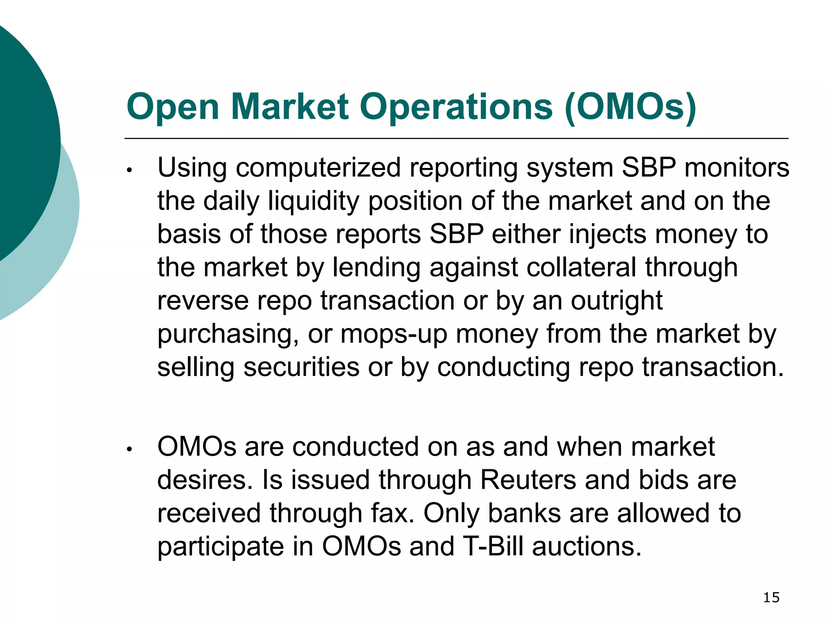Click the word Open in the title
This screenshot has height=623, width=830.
tap(173, 107)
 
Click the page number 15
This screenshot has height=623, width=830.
tap(771, 597)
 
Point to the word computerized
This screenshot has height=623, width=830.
tap(318, 168)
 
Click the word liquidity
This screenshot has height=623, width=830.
tap(313, 201)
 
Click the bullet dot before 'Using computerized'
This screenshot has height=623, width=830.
tap(129, 170)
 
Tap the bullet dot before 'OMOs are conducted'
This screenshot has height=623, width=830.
tap(129, 449)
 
